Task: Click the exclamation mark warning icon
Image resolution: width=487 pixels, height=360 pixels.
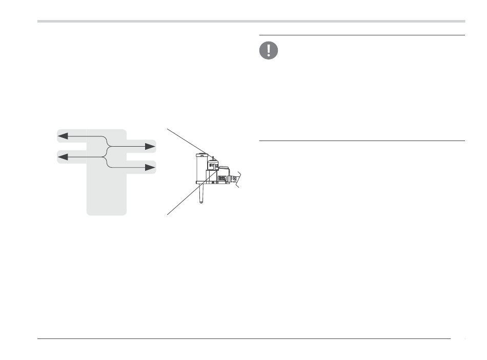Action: coord(269,50)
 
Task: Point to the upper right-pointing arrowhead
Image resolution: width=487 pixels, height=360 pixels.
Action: coord(150,147)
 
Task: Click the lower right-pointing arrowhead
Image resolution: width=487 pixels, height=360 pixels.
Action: coord(150,167)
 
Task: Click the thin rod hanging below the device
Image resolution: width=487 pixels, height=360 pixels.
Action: coord(201,193)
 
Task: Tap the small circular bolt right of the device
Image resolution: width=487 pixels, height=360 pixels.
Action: coord(234,178)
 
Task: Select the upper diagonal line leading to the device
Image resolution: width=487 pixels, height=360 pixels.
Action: coord(188,142)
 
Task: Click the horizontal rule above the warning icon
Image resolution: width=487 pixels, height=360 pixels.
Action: coord(361,35)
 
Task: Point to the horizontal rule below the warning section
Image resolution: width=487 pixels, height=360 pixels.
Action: coord(361,141)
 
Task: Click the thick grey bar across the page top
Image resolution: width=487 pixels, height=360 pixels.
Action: coord(251,22)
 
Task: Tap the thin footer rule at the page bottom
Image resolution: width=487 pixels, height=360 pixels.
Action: coord(243,338)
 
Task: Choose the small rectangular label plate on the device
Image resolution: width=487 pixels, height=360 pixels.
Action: coord(222,178)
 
